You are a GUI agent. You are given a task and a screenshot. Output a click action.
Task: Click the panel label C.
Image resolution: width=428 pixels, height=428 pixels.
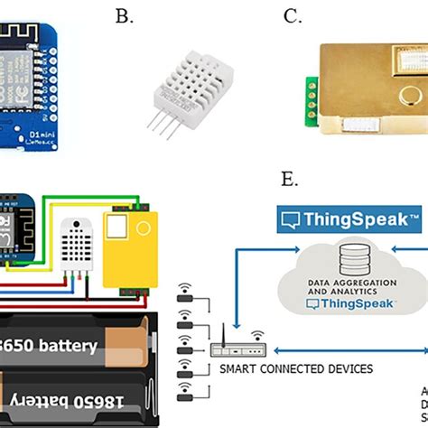click(x=292, y=17)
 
